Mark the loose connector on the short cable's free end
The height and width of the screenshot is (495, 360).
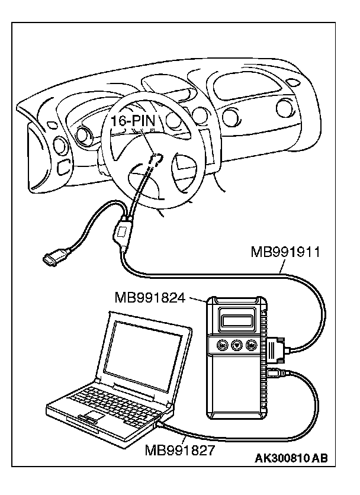point(52,259)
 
